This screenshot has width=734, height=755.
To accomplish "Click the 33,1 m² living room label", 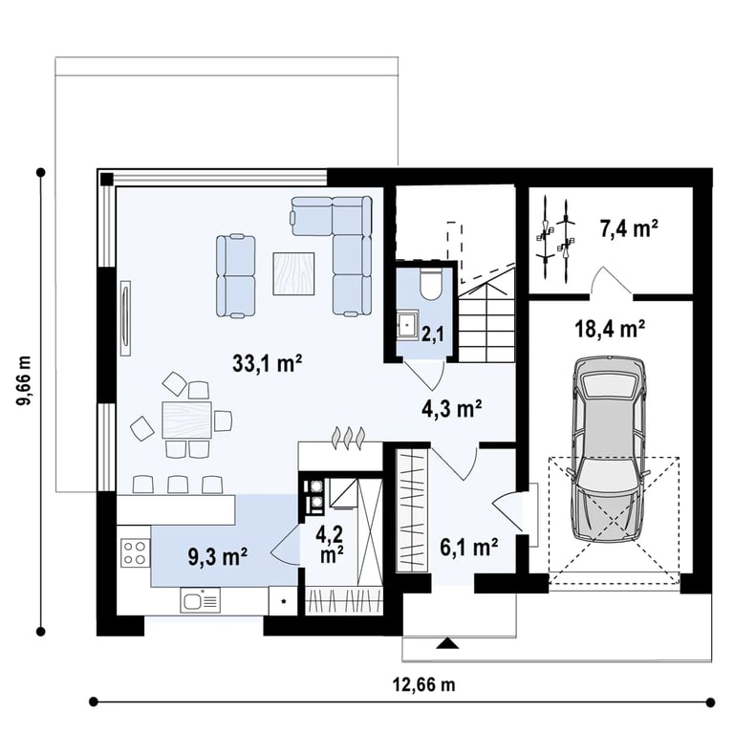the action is coord(268,363).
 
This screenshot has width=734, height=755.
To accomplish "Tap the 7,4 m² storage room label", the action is coord(629,227).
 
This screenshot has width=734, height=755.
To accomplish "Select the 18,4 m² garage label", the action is coord(610,329).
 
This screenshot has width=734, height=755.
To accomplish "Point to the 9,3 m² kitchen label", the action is coord(218,556).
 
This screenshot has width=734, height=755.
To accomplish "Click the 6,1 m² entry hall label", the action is coord(469,547).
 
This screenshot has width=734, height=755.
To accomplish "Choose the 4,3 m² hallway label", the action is coord(452,409).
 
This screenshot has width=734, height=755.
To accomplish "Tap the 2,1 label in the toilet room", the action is coord(433,334).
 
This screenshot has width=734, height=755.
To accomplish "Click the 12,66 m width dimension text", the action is coord(423,684).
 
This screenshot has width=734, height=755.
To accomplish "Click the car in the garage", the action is coord(609,449).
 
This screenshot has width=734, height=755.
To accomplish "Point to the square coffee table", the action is coord(293,273).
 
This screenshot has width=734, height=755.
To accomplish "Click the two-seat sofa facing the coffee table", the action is coord(235,275).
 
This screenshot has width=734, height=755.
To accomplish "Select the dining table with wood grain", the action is coord(187,420).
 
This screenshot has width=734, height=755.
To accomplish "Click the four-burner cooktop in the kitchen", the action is coord(135,552).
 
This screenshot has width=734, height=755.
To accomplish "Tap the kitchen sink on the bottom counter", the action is coord(201,600).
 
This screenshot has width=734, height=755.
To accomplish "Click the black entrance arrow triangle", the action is coord(448,643).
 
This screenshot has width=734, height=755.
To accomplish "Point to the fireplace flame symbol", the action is coord(348,438).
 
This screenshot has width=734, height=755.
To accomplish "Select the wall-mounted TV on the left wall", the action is coord(126,318).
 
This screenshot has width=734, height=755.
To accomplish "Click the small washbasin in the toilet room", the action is coord(407,325).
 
